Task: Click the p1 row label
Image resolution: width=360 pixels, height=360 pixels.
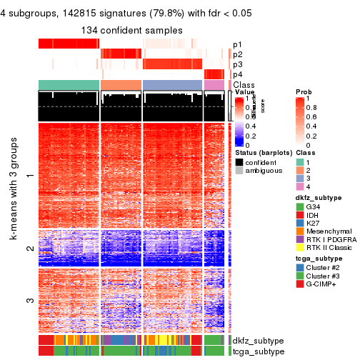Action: [x=237, y=44]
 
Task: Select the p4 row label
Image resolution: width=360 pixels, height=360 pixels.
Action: [x=237, y=74]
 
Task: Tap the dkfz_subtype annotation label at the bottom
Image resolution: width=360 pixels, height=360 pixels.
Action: [x=254, y=340]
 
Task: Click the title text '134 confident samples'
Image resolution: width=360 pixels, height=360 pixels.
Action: [x=131, y=30]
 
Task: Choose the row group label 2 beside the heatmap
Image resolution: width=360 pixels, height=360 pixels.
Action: [x=29, y=249]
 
